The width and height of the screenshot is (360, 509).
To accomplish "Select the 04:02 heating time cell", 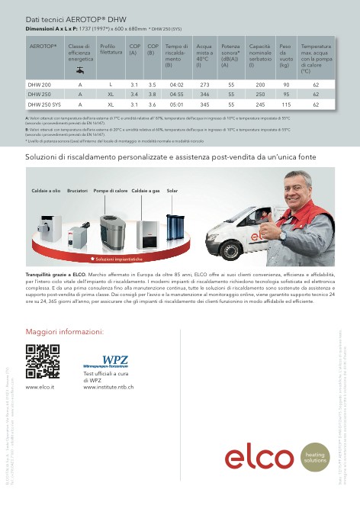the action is click(176, 85).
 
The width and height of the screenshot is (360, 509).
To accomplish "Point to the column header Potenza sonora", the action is click(230, 56).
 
